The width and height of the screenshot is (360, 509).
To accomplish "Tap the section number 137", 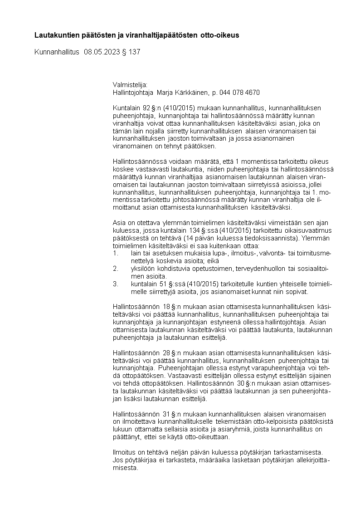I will pyautogui.click(x=135, y=52).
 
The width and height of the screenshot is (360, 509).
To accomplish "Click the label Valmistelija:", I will pyautogui.click(x=130, y=84).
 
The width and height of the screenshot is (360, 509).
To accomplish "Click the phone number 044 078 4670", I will pyautogui.click(x=239, y=93).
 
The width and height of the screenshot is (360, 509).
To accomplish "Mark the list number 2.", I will pyautogui.click(x=115, y=269).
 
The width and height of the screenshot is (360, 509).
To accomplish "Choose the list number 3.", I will pyautogui.click(x=115, y=284).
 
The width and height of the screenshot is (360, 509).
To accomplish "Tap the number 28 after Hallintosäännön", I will pyautogui.click(x=167, y=353).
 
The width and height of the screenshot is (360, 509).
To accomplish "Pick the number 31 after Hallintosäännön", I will pyautogui.click(x=167, y=414).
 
